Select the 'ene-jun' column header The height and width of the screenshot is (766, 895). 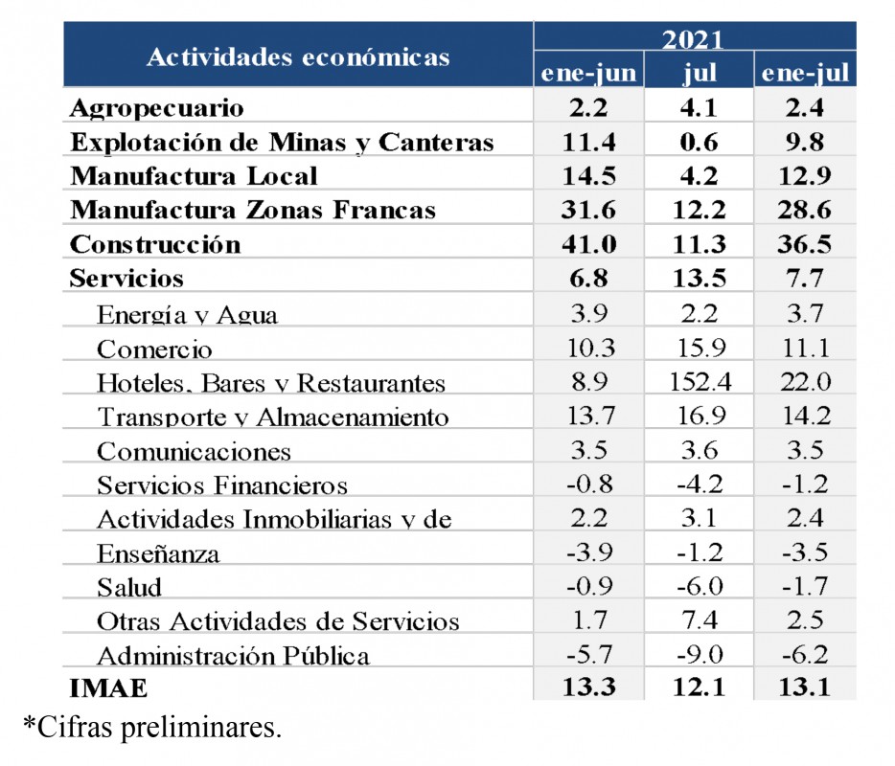pos(588,73)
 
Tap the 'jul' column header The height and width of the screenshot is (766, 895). pos(700,73)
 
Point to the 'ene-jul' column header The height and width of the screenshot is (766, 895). pos(805,73)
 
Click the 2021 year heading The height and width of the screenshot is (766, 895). pos(693,39)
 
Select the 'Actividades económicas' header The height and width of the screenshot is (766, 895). pos(298,56)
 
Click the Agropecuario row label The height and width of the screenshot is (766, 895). pos(157,108)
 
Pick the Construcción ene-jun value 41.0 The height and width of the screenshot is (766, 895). pos(589,244)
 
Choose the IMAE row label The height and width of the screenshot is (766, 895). pos(109,687)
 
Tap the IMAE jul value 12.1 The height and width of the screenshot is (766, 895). pos(700,687)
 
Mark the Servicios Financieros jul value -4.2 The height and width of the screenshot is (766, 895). pos(700,484)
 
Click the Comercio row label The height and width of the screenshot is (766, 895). pos(154,349)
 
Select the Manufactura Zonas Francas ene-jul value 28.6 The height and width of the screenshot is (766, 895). pos(805,210)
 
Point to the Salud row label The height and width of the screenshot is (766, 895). pos(129,586)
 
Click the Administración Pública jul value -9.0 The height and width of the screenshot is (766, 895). pos(700,654)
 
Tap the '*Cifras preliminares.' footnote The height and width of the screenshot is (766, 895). pos(152,728)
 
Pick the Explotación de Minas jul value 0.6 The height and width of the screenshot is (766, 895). pos(700,142)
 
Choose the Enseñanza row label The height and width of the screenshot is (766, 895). pos(158,552)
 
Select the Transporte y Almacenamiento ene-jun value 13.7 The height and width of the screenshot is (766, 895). pos(589,417)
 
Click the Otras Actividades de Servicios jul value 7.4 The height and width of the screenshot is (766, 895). pos(700,620)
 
